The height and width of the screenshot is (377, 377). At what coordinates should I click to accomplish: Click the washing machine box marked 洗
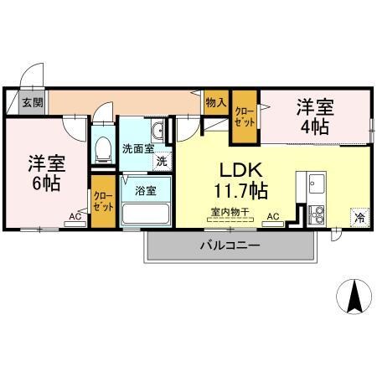pyautogui.click(x=159, y=161)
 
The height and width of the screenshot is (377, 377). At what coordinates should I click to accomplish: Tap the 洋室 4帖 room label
pyautogui.click(x=314, y=117)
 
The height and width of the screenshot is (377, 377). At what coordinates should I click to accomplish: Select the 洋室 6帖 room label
pyautogui.click(x=44, y=172)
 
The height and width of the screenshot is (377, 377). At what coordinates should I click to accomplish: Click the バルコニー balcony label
pyautogui.click(x=229, y=246)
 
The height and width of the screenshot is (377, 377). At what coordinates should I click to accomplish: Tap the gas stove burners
pyautogui.click(x=316, y=213)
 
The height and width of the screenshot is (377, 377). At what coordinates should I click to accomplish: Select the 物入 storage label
pyautogui.click(x=214, y=102)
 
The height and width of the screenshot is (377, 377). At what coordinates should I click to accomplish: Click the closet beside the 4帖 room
pyautogui.click(x=244, y=116)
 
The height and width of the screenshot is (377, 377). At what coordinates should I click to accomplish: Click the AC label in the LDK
pyautogui.click(x=272, y=217)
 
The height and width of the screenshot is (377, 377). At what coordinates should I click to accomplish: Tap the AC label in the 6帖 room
pyautogui.click(x=75, y=217)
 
